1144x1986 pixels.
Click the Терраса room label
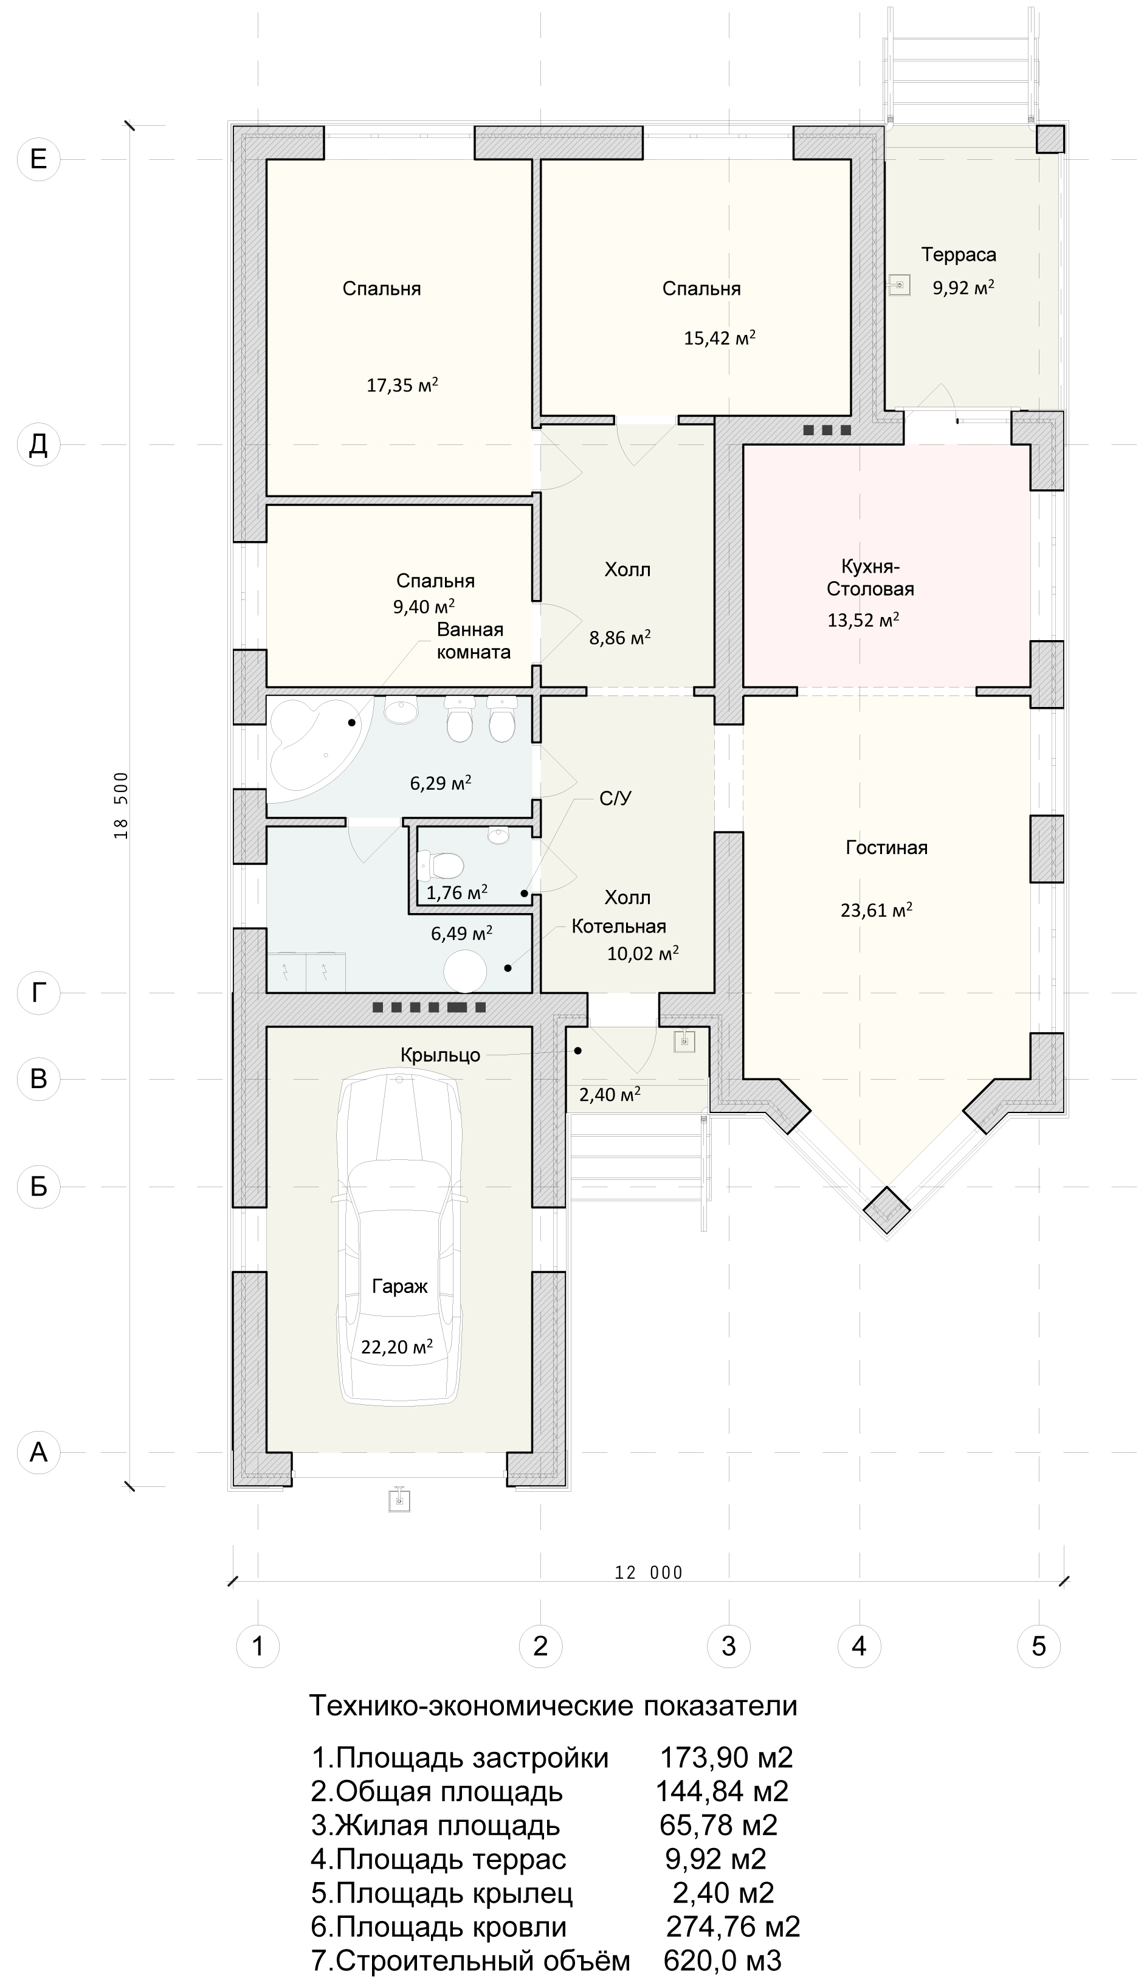959,255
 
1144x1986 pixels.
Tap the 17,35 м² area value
402,385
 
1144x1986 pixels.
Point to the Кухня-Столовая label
870,578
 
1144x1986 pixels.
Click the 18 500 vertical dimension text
121,805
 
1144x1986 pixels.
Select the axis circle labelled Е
38,159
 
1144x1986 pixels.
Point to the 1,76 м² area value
457,892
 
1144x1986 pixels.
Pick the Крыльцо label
440,1055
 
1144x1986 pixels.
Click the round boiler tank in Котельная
466,972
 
